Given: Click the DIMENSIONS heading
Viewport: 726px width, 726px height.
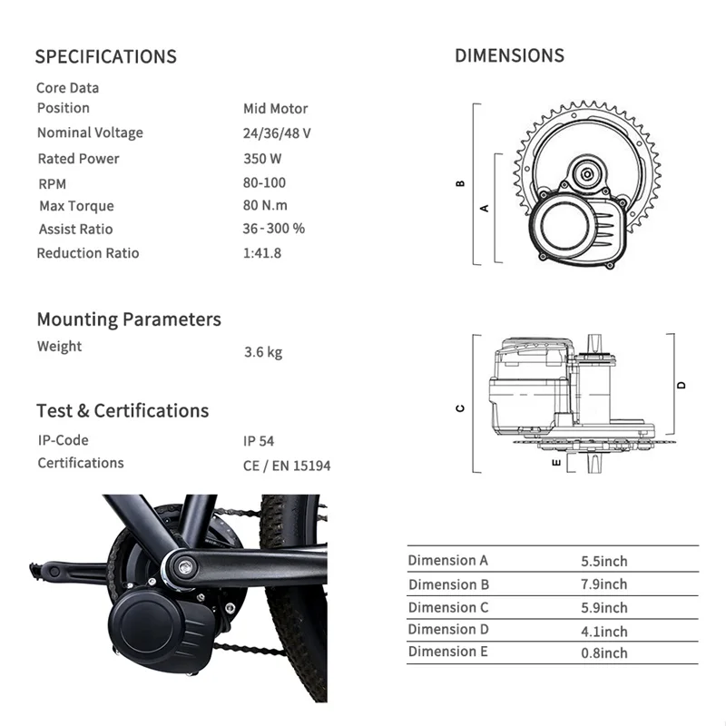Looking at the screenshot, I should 509,55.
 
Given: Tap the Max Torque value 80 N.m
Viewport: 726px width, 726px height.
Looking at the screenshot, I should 264,206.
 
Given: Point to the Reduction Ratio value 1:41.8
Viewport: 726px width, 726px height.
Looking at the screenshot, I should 262,253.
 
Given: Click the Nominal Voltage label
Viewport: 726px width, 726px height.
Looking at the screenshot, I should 90,132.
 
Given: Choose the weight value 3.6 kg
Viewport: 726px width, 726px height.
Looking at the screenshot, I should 263,351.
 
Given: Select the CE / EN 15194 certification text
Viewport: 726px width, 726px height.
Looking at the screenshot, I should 287,465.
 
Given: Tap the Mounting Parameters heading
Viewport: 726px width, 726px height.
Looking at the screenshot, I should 129,319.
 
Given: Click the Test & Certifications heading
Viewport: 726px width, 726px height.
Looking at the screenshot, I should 123,410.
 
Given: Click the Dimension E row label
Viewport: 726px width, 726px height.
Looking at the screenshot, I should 448,652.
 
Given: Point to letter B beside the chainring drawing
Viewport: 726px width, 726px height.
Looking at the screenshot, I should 461,183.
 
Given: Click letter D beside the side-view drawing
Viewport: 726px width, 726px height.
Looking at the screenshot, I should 682,385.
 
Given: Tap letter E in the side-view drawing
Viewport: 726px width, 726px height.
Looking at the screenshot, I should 555,462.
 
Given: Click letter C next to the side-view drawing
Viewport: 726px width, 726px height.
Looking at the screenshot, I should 461,408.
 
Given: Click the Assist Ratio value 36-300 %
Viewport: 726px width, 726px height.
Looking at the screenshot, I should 274,229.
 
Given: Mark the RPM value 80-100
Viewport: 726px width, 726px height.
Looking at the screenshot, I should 264,182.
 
